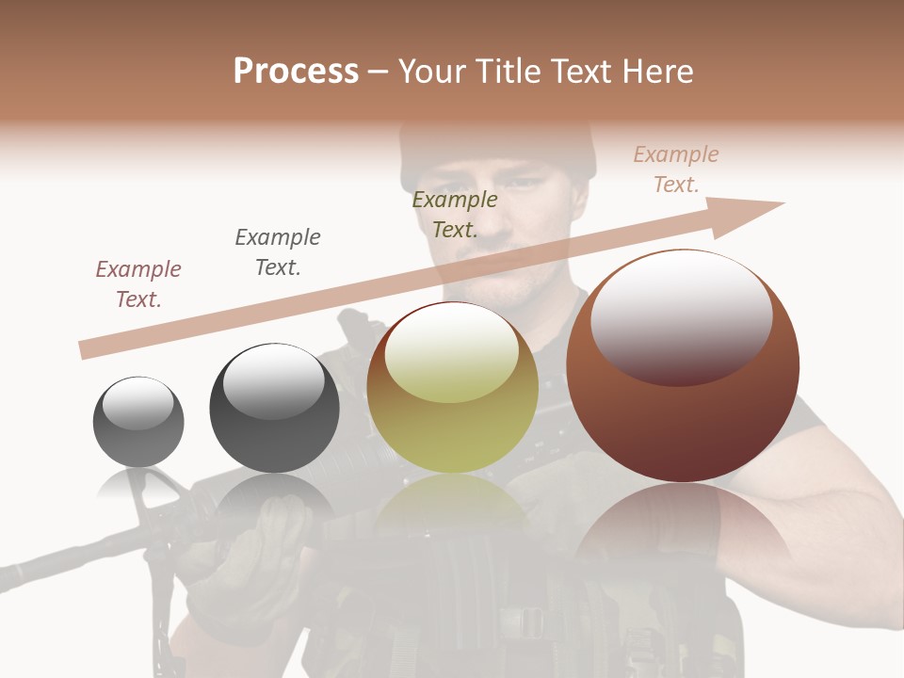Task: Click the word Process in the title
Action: [296, 72]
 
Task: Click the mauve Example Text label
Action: [138, 284]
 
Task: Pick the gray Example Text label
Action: [278, 252]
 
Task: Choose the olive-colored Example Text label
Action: [455, 215]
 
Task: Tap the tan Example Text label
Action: [676, 169]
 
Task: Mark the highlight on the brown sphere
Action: [682, 315]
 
